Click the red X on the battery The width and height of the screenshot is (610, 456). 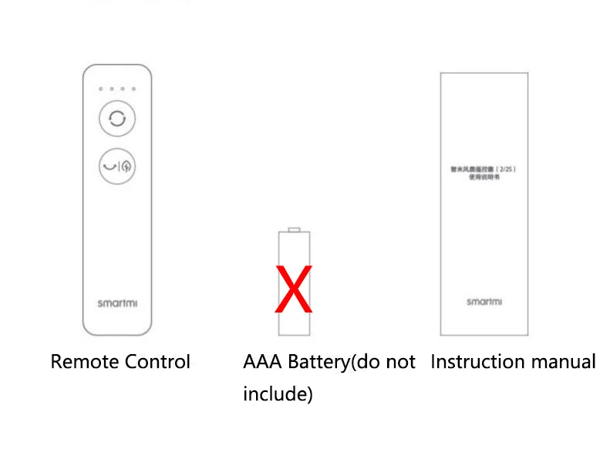click(294, 289)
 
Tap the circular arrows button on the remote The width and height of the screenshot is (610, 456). click(117, 119)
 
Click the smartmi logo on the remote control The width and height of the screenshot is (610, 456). click(117, 303)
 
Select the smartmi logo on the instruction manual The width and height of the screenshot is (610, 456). click(484, 302)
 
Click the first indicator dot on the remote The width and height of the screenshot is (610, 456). click(101, 89)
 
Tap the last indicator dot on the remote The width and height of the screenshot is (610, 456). click(133, 89)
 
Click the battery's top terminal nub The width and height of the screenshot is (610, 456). click(294, 229)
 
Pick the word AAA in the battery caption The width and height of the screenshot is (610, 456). click(261, 361)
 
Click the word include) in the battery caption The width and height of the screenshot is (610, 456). click(278, 394)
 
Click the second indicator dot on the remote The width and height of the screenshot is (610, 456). click(112, 89)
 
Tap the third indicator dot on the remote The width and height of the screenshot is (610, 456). click(123, 89)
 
